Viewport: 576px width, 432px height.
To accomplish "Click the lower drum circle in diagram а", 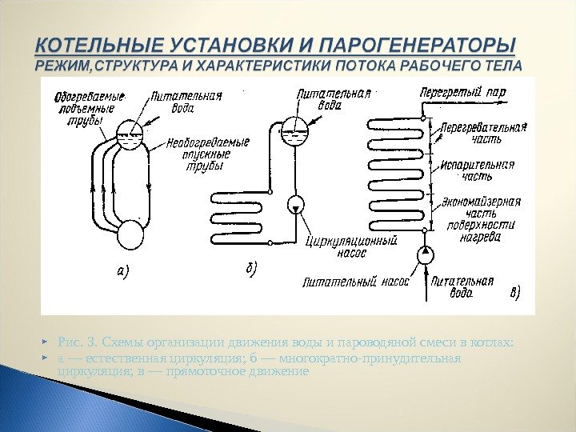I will point(130,235).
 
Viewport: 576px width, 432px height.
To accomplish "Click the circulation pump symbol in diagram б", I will point(296,204).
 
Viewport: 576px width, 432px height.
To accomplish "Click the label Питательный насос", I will point(355,282).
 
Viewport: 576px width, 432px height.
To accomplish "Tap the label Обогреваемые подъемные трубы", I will point(83,110).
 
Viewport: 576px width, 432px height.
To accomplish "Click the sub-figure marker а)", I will point(118,270).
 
